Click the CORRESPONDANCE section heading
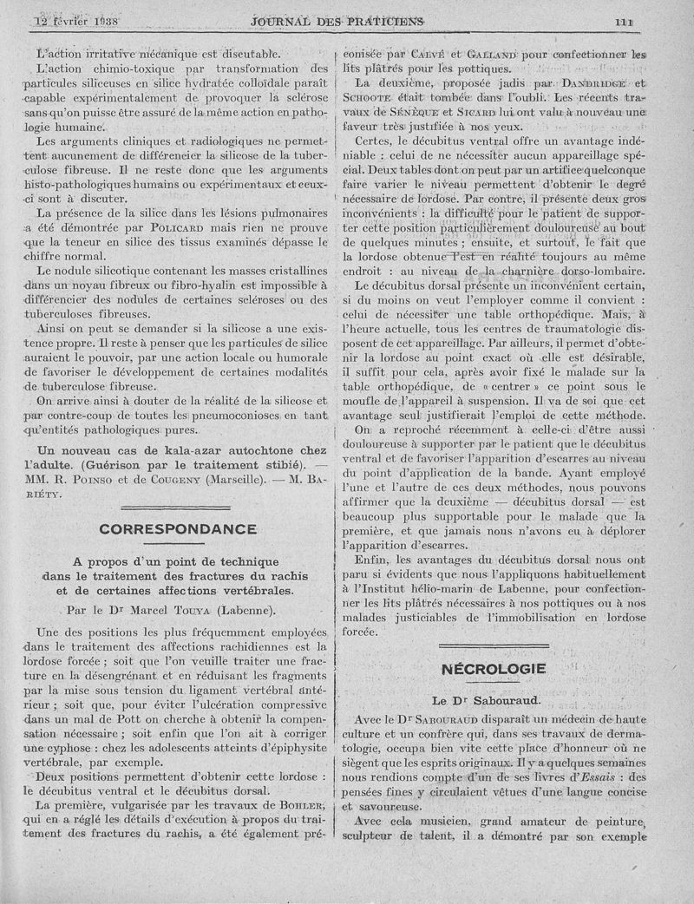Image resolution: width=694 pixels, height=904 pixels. coord(178,528)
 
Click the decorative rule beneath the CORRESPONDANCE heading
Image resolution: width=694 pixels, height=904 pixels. coord(178,542)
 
